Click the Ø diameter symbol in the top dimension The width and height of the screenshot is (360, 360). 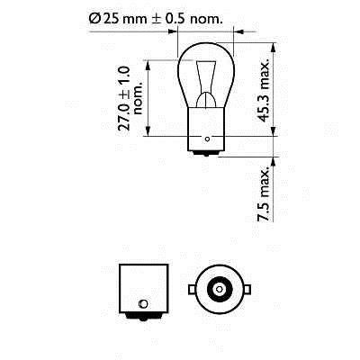(x=95, y=19)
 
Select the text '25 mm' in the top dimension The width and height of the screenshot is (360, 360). (x=124, y=19)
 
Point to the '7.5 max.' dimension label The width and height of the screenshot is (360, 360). (x=264, y=195)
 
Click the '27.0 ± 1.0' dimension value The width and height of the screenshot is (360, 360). (x=124, y=98)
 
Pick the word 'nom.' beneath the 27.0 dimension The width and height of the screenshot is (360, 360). (x=139, y=98)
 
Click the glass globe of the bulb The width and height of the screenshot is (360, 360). (x=206, y=75)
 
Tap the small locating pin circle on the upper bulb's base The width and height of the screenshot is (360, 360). (x=207, y=139)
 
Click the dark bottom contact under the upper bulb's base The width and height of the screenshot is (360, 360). (x=206, y=153)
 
